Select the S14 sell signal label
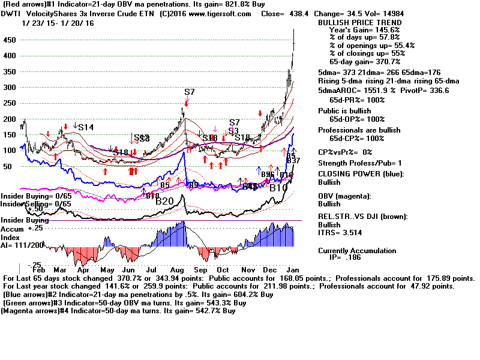[x=86, y=127]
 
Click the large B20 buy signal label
[x=164, y=202]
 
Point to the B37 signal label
[x=293, y=161]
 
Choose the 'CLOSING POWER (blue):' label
[x=361, y=174]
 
